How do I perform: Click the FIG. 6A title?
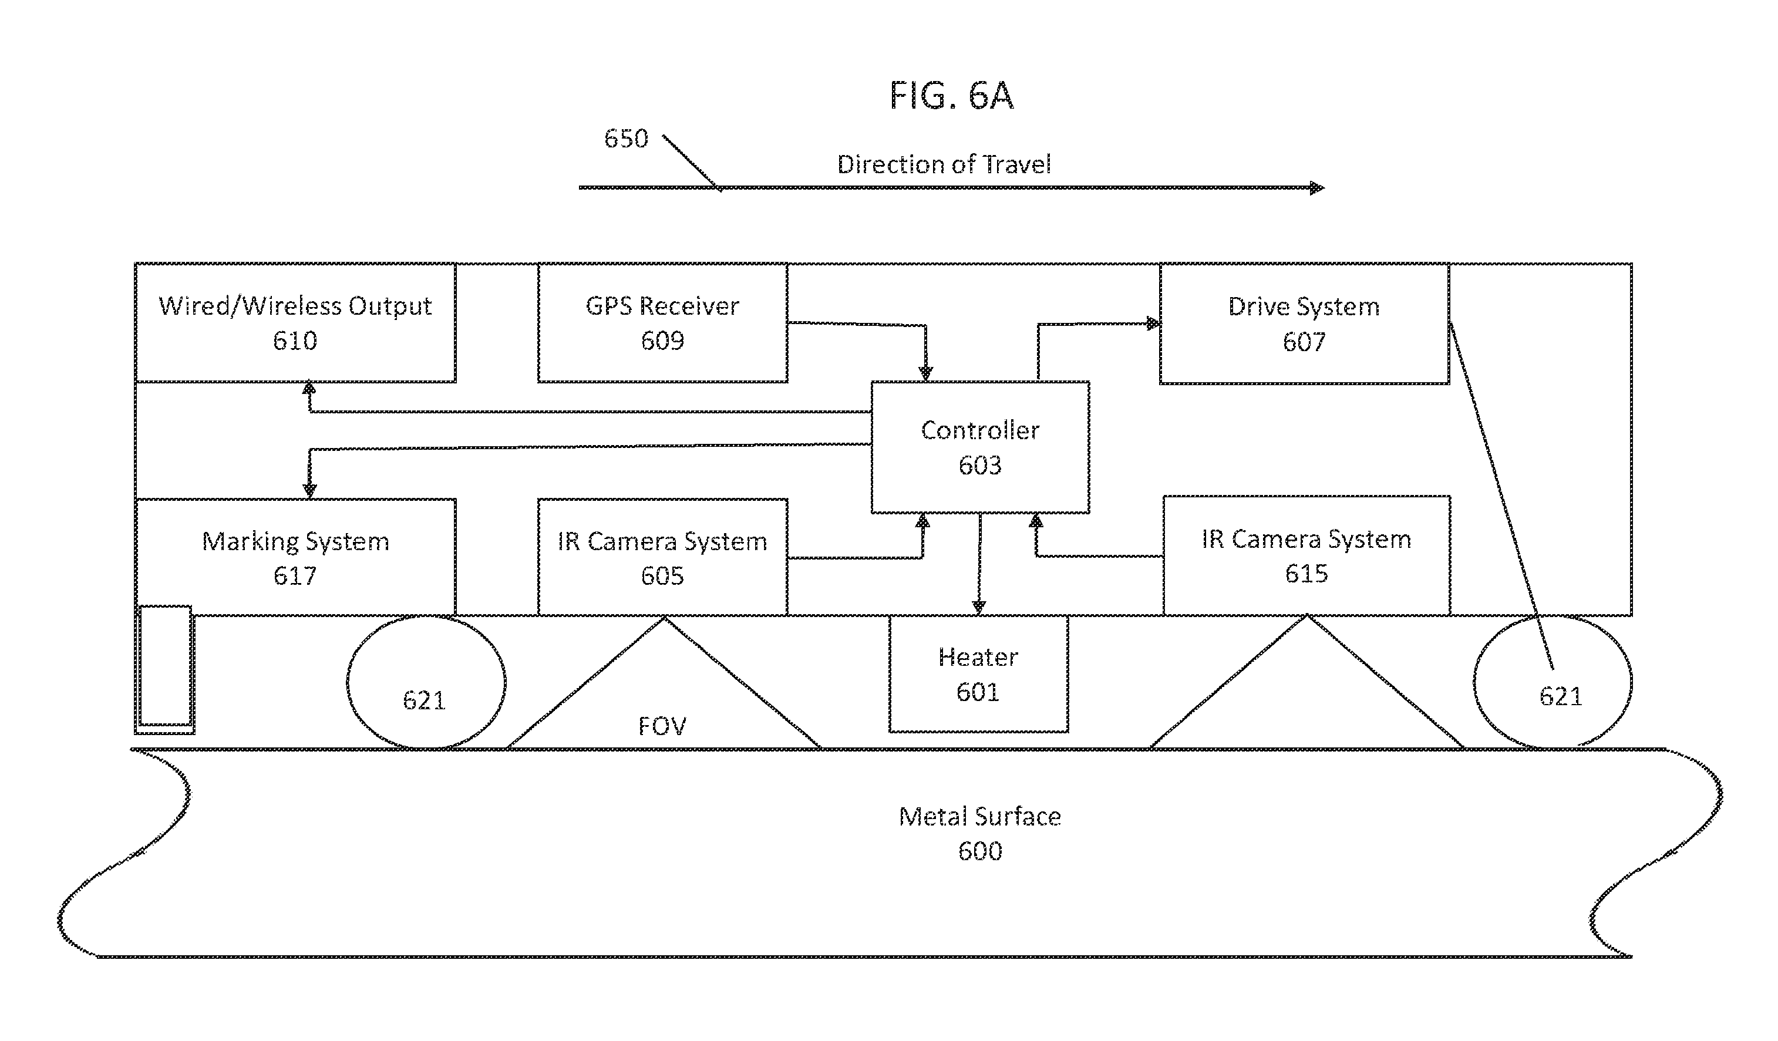(951, 95)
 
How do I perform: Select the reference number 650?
(626, 138)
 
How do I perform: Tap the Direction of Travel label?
(944, 164)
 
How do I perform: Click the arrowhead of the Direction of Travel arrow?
(1316, 188)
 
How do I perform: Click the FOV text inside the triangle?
(662, 726)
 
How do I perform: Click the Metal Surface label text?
(980, 816)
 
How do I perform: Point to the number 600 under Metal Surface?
(980, 851)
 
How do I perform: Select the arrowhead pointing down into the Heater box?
(979, 607)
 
